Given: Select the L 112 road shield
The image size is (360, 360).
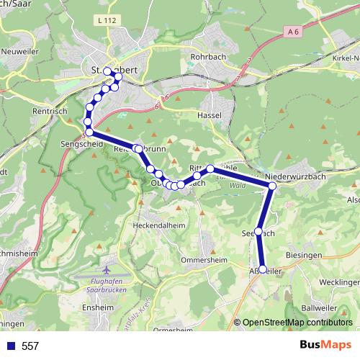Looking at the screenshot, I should [105, 22].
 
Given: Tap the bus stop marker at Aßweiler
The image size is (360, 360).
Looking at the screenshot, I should [262, 269].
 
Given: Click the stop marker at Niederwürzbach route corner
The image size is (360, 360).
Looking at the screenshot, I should [272, 186].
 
